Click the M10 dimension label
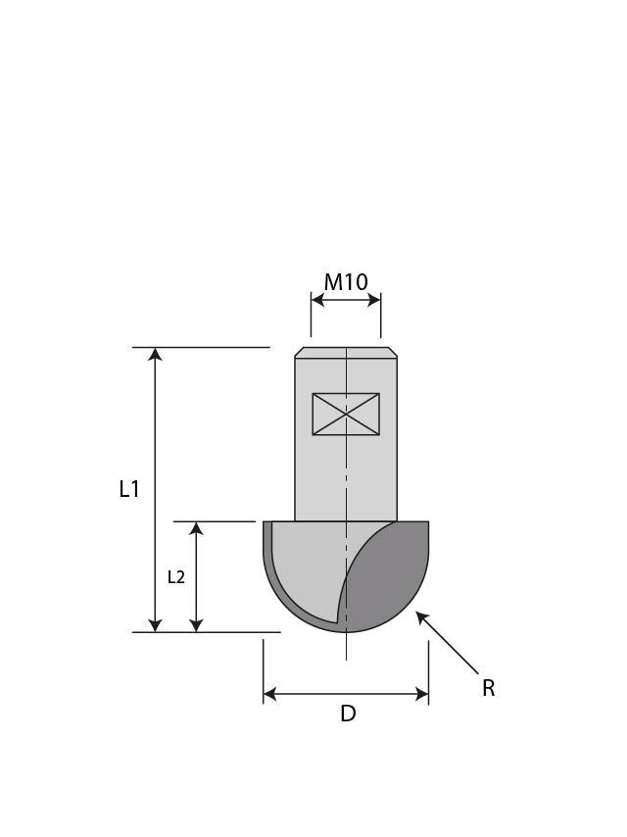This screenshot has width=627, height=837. (346, 282)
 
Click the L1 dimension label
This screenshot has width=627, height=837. (129, 489)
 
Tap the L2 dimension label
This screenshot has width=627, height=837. (176, 577)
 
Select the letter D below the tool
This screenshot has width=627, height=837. (348, 714)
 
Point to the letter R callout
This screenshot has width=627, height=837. (488, 689)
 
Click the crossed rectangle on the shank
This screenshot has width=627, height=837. (346, 414)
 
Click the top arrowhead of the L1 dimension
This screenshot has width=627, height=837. (155, 354)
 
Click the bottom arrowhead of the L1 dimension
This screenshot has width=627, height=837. (155, 625)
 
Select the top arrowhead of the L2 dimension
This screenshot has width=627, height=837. (196, 528)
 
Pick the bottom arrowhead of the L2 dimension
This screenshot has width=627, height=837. (196, 625)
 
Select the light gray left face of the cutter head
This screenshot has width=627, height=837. (309, 568)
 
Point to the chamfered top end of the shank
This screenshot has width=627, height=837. (346, 353)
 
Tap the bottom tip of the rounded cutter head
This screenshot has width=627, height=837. (346, 631)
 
